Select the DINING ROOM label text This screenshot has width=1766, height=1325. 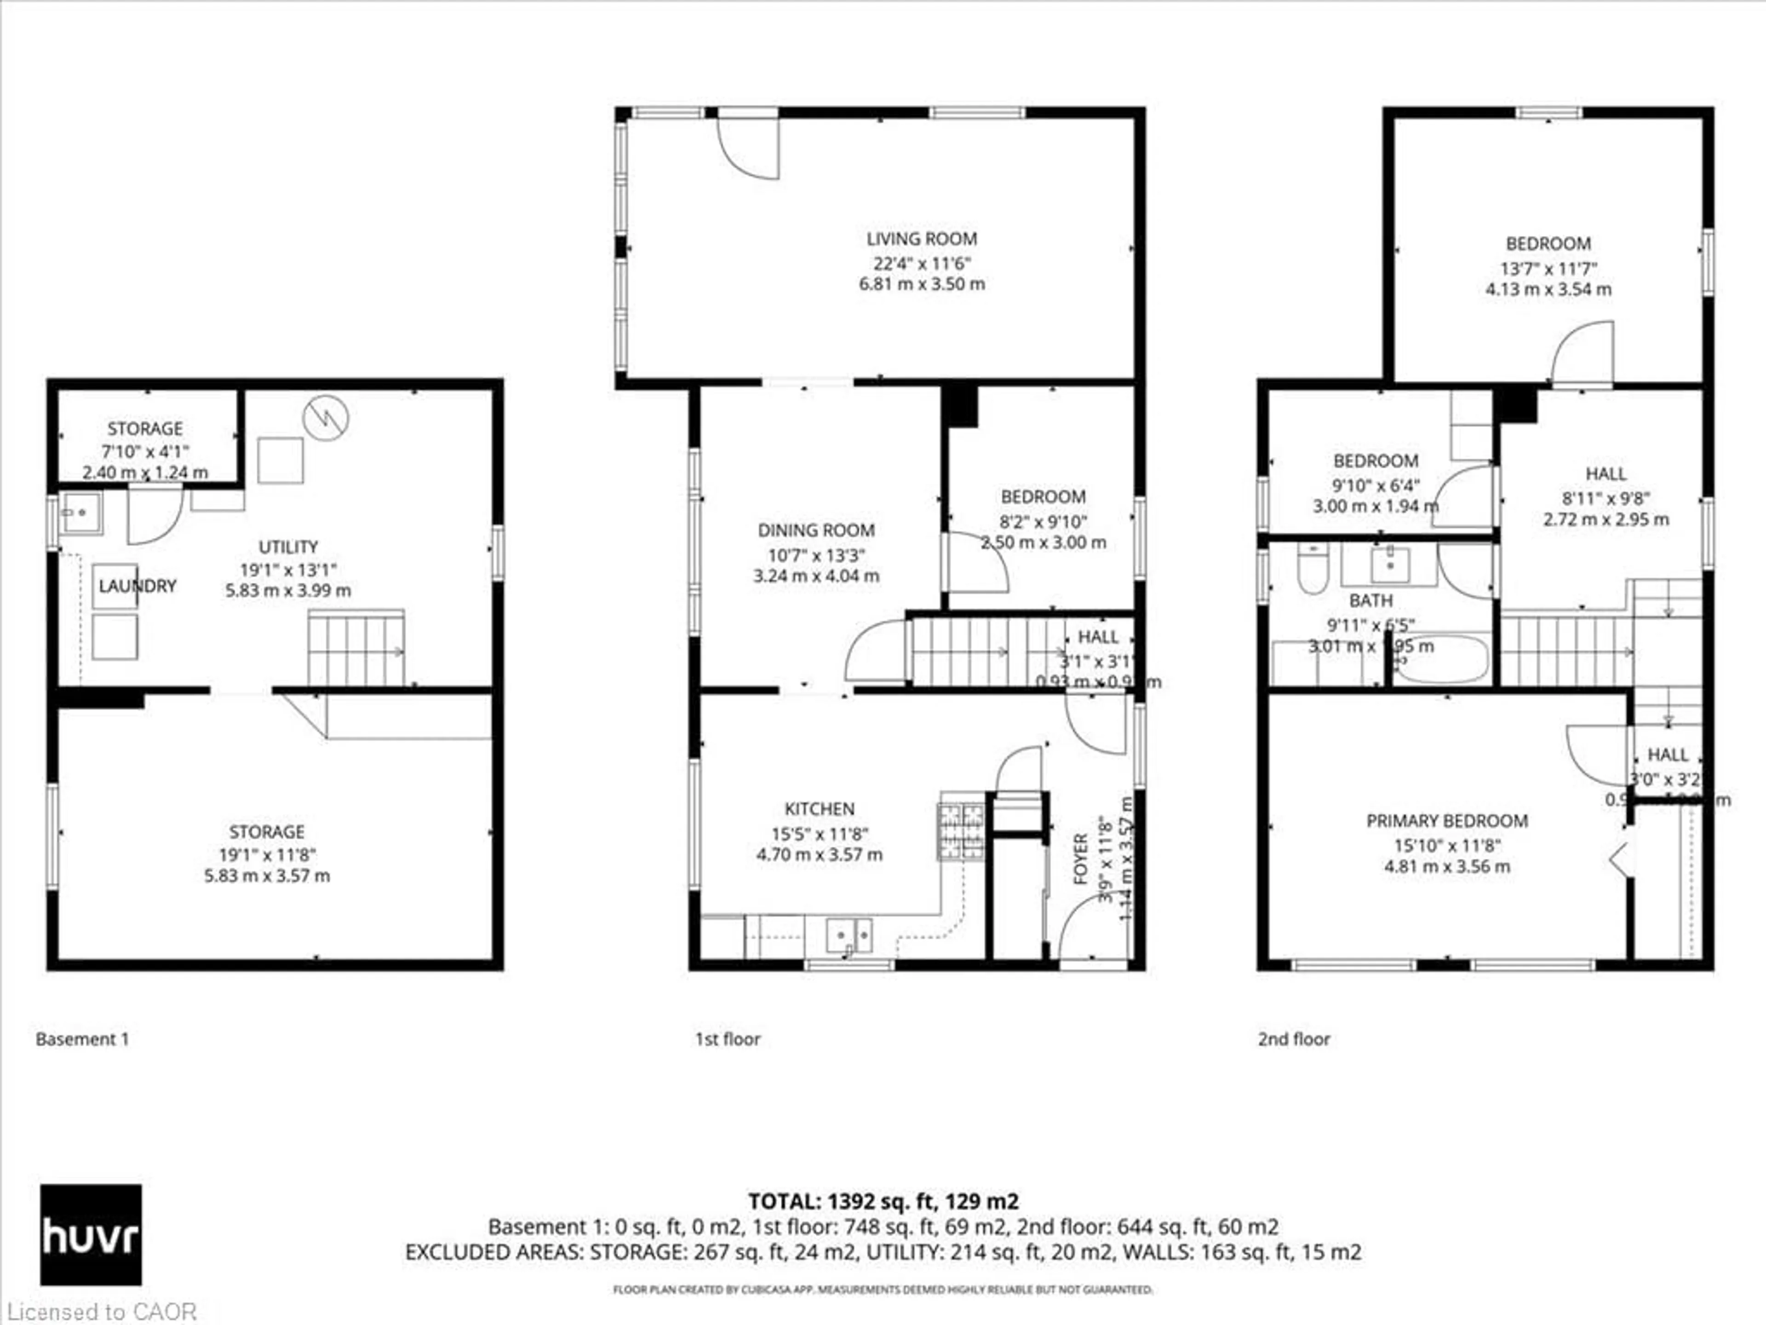[816, 530]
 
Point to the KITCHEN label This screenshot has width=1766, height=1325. [819, 809]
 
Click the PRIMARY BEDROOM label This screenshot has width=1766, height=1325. [1447, 821]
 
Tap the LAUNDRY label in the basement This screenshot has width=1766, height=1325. [138, 586]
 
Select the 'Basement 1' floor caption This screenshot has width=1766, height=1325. [82, 1039]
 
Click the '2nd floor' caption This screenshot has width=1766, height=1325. [1294, 1039]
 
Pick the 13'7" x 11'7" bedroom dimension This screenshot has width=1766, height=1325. [1548, 268]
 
